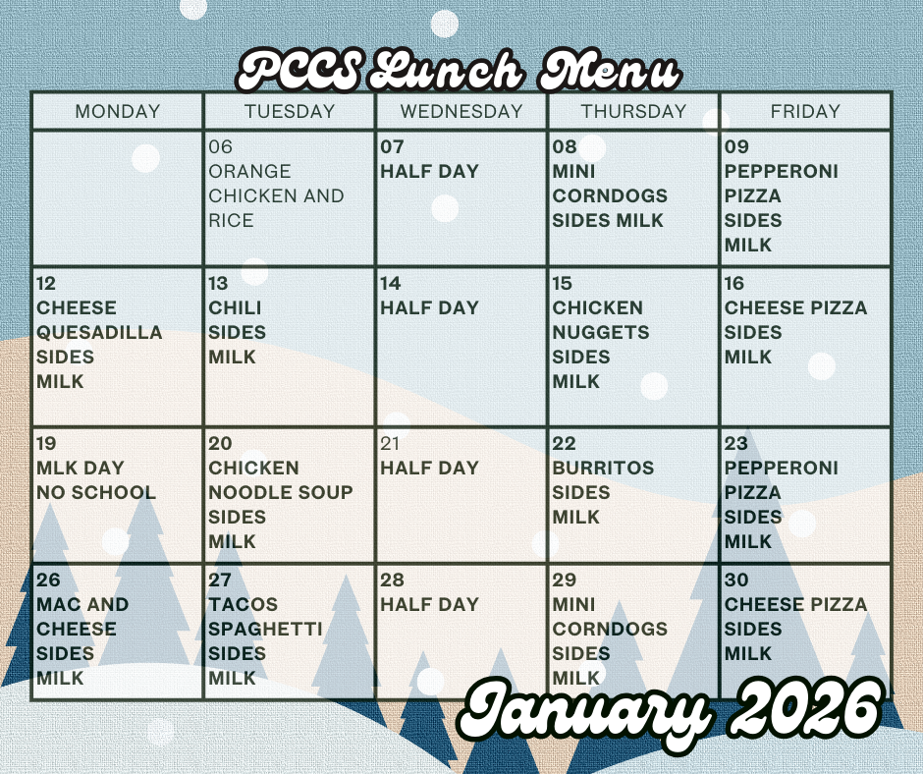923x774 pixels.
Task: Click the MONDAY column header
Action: [117, 112]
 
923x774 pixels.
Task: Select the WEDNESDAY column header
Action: [461, 112]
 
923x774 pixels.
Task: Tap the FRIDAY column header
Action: [805, 112]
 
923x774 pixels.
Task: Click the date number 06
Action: [221, 147]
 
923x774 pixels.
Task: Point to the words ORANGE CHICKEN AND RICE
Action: [276, 195]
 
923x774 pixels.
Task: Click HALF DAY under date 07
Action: [430, 172]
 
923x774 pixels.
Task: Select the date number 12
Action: [46, 284]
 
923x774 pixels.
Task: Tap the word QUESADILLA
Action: [99, 333]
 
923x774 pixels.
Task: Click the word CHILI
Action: [235, 308]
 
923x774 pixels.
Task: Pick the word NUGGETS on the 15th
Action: [601, 333]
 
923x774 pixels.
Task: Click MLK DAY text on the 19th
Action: [81, 469]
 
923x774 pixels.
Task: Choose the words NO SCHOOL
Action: [96, 493]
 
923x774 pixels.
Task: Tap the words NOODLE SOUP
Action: [281, 493]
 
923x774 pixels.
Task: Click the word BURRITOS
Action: [603, 469]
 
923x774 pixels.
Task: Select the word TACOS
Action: [244, 605]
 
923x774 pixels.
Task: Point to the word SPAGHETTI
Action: [265, 630]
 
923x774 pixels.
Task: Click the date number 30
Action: [736, 580]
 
